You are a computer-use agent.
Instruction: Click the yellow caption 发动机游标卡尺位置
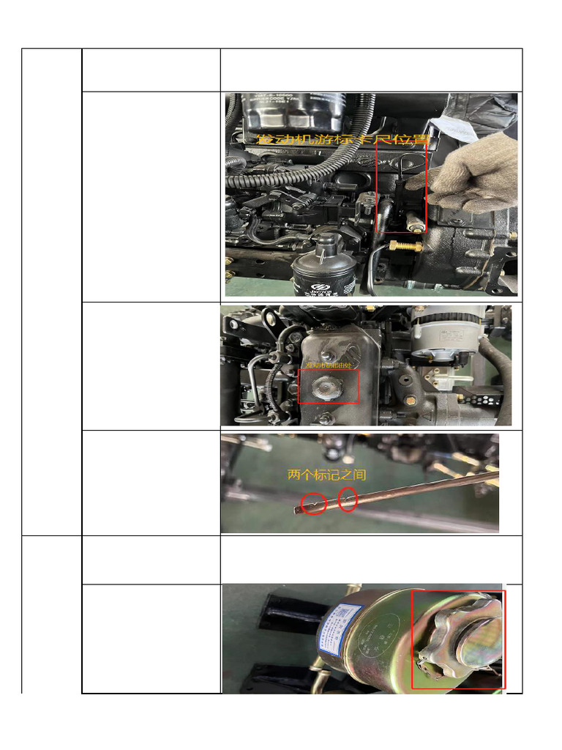coord(342,138)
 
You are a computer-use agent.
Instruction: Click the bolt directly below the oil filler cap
coord(324,418)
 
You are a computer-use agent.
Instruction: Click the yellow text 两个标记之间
coord(327,475)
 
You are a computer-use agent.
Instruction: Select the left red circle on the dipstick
coord(314,503)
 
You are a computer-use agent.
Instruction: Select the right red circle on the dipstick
coord(348,500)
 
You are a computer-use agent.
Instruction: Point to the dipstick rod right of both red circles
coord(424,489)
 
